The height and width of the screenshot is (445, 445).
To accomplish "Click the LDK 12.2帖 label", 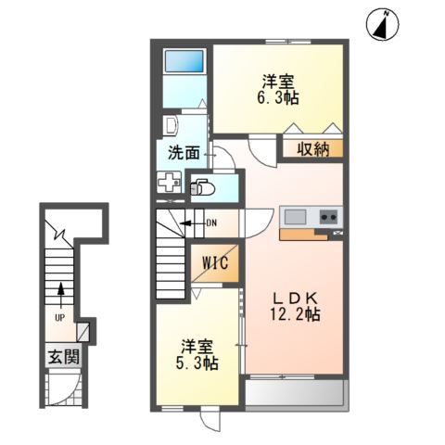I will click(x=296, y=305).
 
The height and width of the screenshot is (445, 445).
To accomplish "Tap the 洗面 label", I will click(x=183, y=152).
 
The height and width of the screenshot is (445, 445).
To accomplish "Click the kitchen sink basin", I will click(x=296, y=218).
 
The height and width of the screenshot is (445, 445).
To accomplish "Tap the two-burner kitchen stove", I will click(x=329, y=218).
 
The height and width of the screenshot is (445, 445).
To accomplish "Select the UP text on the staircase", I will click(x=60, y=316).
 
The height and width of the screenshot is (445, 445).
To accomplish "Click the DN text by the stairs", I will click(x=210, y=222).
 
